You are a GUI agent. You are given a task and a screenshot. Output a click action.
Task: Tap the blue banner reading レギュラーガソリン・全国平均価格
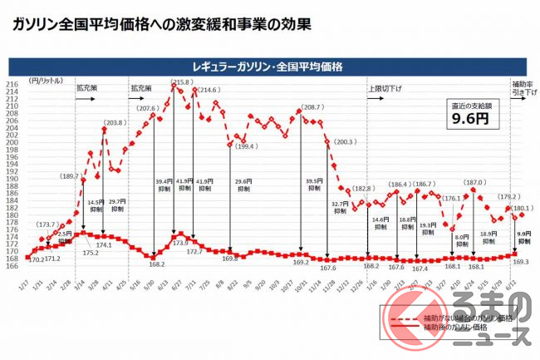coord(270,64)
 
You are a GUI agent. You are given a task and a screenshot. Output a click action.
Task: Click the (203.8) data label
coord(116,123)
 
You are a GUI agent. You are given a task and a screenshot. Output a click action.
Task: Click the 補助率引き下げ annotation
coord(522,86)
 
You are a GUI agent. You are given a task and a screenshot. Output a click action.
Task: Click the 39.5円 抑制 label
coord(315,185)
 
